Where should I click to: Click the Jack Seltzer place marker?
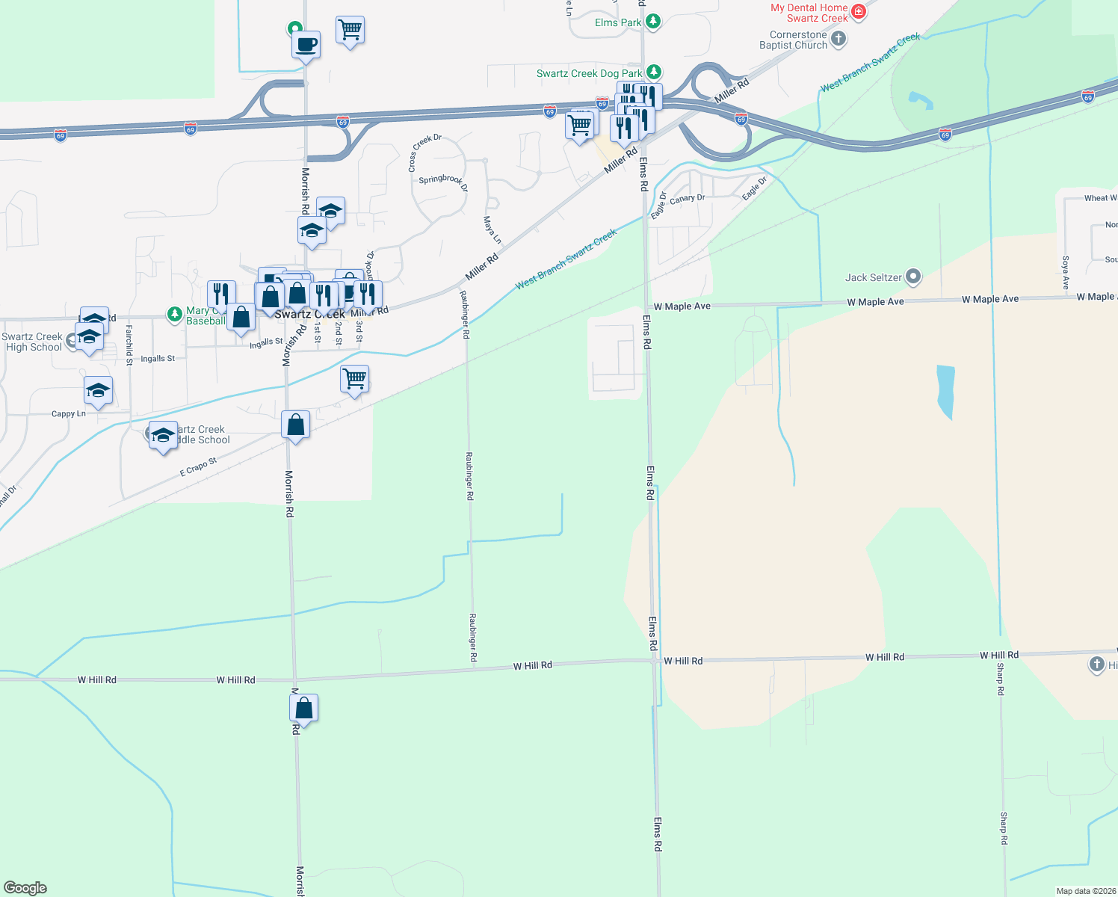(912, 277)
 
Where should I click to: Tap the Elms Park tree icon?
(653, 22)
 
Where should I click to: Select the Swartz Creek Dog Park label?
(589, 73)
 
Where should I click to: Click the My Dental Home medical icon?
(858, 11)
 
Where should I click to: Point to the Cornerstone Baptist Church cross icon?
(838, 39)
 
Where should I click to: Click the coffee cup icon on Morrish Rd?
(306, 45)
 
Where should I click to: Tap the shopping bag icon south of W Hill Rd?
(304, 707)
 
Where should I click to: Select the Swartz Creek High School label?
(33, 342)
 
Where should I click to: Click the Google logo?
(25, 888)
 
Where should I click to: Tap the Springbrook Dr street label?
(442, 181)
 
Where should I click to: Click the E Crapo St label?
(198, 467)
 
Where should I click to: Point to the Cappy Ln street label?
(68, 413)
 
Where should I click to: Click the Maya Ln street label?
(492, 229)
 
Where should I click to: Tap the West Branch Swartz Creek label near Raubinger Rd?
(566, 259)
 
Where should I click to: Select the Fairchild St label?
(129, 345)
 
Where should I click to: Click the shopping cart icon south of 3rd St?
(354, 379)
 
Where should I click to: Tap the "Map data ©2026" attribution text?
(1086, 891)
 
